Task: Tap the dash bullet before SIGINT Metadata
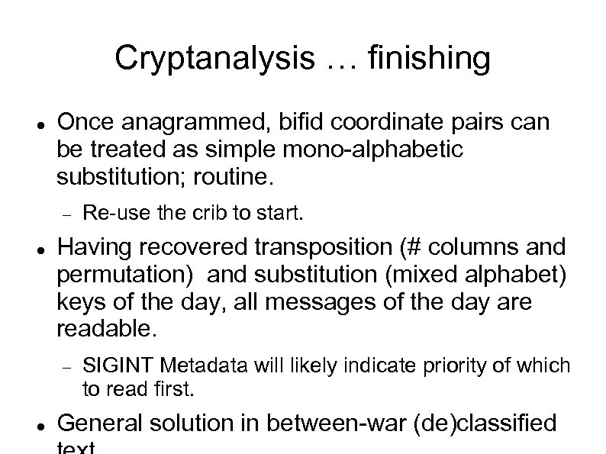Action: (x=66, y=367)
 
